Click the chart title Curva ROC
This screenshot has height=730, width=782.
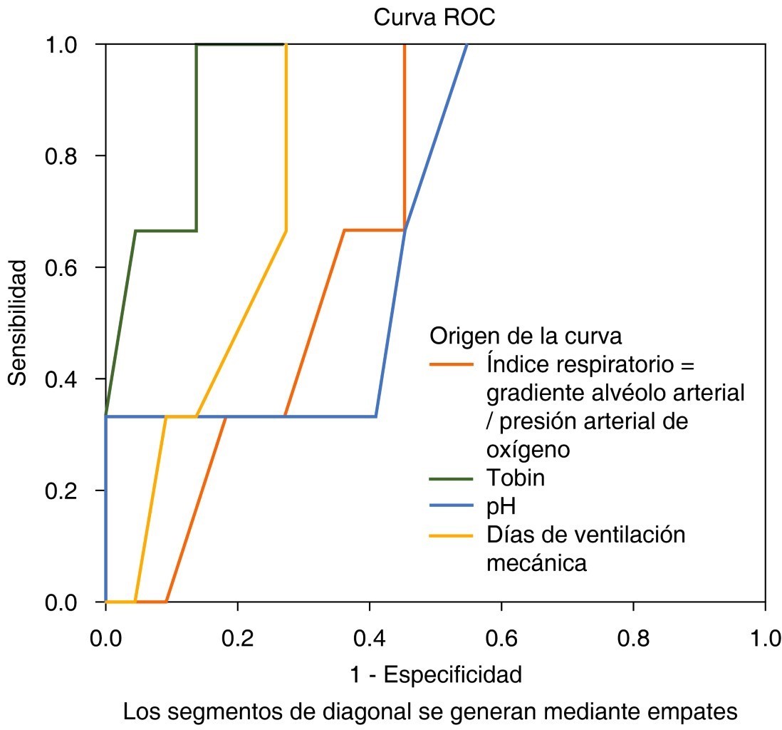pyautogui.click(x=434, y=18)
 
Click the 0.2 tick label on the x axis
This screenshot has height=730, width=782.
pyautogui.click(x=237, y=636)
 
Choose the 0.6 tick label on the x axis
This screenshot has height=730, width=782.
pyautogui.click(x=501, y=636)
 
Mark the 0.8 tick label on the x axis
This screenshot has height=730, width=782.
pyautogui.click(x=633, y=636)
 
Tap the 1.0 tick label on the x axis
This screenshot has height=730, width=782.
pyautogui.click(x=764, y=636)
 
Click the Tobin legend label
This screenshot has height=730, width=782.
pyautogui.click(x=516, y=478)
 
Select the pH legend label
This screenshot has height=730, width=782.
pyautogui.click(x=501, y=506)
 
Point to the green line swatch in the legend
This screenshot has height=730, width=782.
pyautogui.click(x=452, y=478)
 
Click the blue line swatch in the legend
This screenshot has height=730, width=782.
pyautogui.click(x=452, y=505)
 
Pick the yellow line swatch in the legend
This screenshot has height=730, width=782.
pyautogui.click(x=452, y=535)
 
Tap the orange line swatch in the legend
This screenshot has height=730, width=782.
pyautogui.click(x=452, y=364)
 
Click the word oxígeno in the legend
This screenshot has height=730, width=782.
pyautogui.click(x=528, y=450)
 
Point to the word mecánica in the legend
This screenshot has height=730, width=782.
pyautogui.click(x=537, y=563)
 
